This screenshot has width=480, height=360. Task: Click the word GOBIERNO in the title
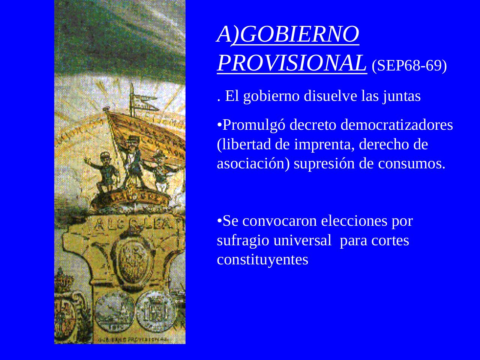(x=299, y=34)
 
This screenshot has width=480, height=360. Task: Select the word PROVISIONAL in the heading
(x=291, y=63)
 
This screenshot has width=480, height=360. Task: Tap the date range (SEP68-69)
(x=409, y=66)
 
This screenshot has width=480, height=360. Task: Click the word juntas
(x=402, y=96)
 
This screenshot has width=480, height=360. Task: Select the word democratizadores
(x=397, y=125)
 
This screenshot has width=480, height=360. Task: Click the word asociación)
(x=253, y=164)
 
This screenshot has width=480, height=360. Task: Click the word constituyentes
(x=262, y=260)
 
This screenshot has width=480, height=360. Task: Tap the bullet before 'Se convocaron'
(x=220, y=221)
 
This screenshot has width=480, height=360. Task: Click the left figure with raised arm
(x=103, y=171)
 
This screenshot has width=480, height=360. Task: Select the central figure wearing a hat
(x=133, y=161)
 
